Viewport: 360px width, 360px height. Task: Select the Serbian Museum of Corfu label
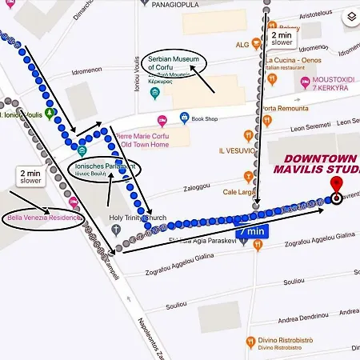click(x=177, y=63)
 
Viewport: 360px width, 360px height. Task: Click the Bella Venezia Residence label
click(x=43, y=218)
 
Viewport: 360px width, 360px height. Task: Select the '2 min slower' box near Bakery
click(x=282, y=38)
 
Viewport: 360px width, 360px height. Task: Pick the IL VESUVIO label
click(x=238, y=150)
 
